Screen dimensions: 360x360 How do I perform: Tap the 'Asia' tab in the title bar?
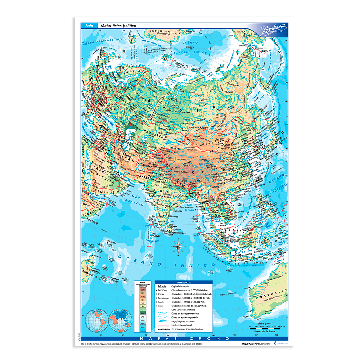point(89,26)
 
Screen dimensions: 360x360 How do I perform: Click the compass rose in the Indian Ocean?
point(177,247)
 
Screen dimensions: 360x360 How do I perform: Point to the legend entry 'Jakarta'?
point(163,287)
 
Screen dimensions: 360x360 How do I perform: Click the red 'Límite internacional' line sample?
point(163,325)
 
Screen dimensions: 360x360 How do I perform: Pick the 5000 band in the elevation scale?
point(143,289)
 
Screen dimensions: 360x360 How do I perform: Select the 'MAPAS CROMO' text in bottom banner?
point(183,339)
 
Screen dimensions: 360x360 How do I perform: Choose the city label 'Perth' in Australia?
point(249,311)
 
